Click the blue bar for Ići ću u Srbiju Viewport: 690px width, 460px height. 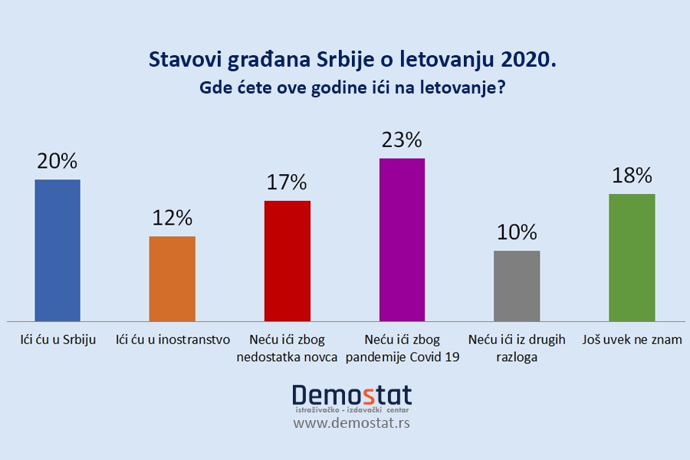58,250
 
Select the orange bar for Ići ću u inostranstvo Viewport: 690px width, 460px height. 172,278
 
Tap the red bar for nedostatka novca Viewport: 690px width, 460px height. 287,261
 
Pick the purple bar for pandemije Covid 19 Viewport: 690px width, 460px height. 402,239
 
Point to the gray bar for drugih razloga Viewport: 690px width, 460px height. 517,285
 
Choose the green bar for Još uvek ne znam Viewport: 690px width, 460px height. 632,257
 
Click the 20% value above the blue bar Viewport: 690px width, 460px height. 58,162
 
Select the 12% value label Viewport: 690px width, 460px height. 172,218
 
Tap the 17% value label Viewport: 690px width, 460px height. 287,182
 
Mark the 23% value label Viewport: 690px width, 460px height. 402,140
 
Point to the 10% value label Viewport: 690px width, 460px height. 517,232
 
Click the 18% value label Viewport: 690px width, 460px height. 632,176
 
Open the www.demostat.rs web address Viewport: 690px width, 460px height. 352,422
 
